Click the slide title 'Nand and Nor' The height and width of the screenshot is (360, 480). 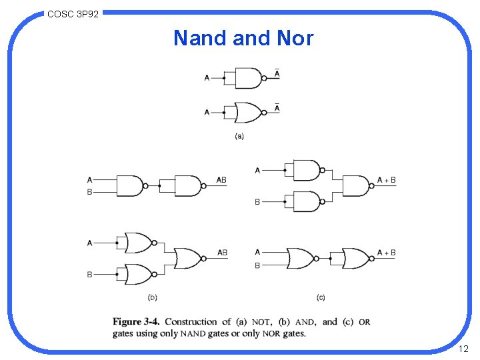pyautogui.click(x=243, y=39)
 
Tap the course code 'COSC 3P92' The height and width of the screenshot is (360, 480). pyautogui.click(x=73, y=13)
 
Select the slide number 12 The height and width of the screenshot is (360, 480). pyautogui.click(x=464, y=349)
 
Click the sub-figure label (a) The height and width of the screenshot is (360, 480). pyautogui.click(x=239, y=137)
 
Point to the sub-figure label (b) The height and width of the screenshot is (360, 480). pyautogui.click(x=153, y=297)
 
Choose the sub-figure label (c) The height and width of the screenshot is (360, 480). pyautogui.click(x=321, y=297)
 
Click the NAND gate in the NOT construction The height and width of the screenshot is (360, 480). pyautogui.click(x=248, y=78)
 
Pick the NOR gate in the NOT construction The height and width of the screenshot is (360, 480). pyautogui.click(x=248, y=112)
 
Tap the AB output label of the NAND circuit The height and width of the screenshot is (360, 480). pyautogui.click(x=222, y=180)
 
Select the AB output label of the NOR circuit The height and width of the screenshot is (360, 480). pyautogui.click(x=222, y=253)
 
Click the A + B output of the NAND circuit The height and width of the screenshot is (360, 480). pyautogui.click(x=387, y=180)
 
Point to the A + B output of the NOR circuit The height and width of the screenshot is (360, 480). pyautogui.click(x=387, y=253)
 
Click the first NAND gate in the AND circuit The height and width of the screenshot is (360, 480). pyautogui.click(x=131, y=185)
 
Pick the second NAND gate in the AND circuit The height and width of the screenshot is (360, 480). pyautogui.click(x=188, y=185)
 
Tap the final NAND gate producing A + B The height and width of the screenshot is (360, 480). pyautogui.click(x=356, y=185)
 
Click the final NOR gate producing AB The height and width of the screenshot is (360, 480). pyautogui.click(x=187, y=258)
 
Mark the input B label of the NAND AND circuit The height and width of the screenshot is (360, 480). pyautogui.click(x=89, y=192)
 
